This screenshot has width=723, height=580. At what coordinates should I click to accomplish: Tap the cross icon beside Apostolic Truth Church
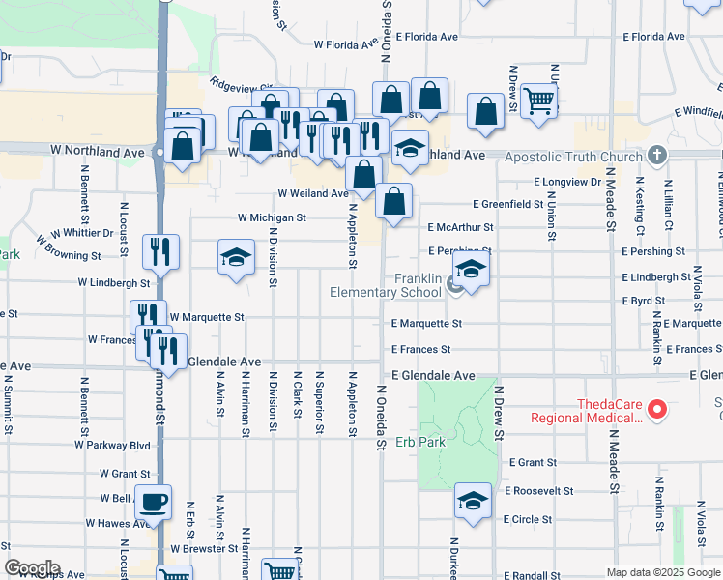(x=657, y=155)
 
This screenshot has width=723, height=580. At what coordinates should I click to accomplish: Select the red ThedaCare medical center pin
(x=657, y=411)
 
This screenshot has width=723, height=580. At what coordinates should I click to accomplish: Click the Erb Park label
(x=419, y=443)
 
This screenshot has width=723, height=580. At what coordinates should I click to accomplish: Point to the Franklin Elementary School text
(x=386, y=285)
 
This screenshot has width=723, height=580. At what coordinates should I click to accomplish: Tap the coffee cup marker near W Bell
(x=153, y=503)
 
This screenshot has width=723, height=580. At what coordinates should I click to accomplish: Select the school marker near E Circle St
(x=472, y=502)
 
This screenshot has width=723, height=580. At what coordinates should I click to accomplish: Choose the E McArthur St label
(x=460, y=228)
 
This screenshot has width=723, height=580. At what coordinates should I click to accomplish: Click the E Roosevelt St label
(x=538, y=491)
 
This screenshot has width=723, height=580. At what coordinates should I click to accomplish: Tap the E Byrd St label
(x=637, y=302)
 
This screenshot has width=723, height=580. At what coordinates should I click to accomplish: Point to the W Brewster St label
(x=204, y=548)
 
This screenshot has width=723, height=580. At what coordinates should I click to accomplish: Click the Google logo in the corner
(x=32, y=568)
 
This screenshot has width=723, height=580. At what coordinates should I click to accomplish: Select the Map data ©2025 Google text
(x=663, y=572)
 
